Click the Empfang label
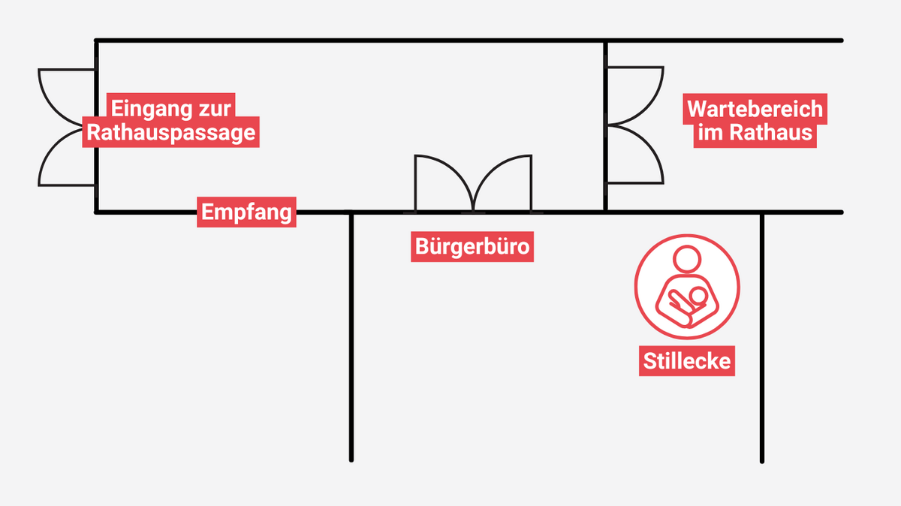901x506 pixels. coord(246,212)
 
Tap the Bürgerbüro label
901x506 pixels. coord(472,246)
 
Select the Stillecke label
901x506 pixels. coord(687,361)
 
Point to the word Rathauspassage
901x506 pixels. coord(170,133)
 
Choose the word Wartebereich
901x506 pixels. coord(755,109)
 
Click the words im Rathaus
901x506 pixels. coord(755,133)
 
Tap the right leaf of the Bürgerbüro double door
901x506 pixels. coord(505,180)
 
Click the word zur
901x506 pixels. coord(215,107)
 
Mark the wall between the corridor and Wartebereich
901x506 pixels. coord(606,53)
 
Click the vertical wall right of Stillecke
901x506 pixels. coord(762,338)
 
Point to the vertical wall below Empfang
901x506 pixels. coord(351,338)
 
